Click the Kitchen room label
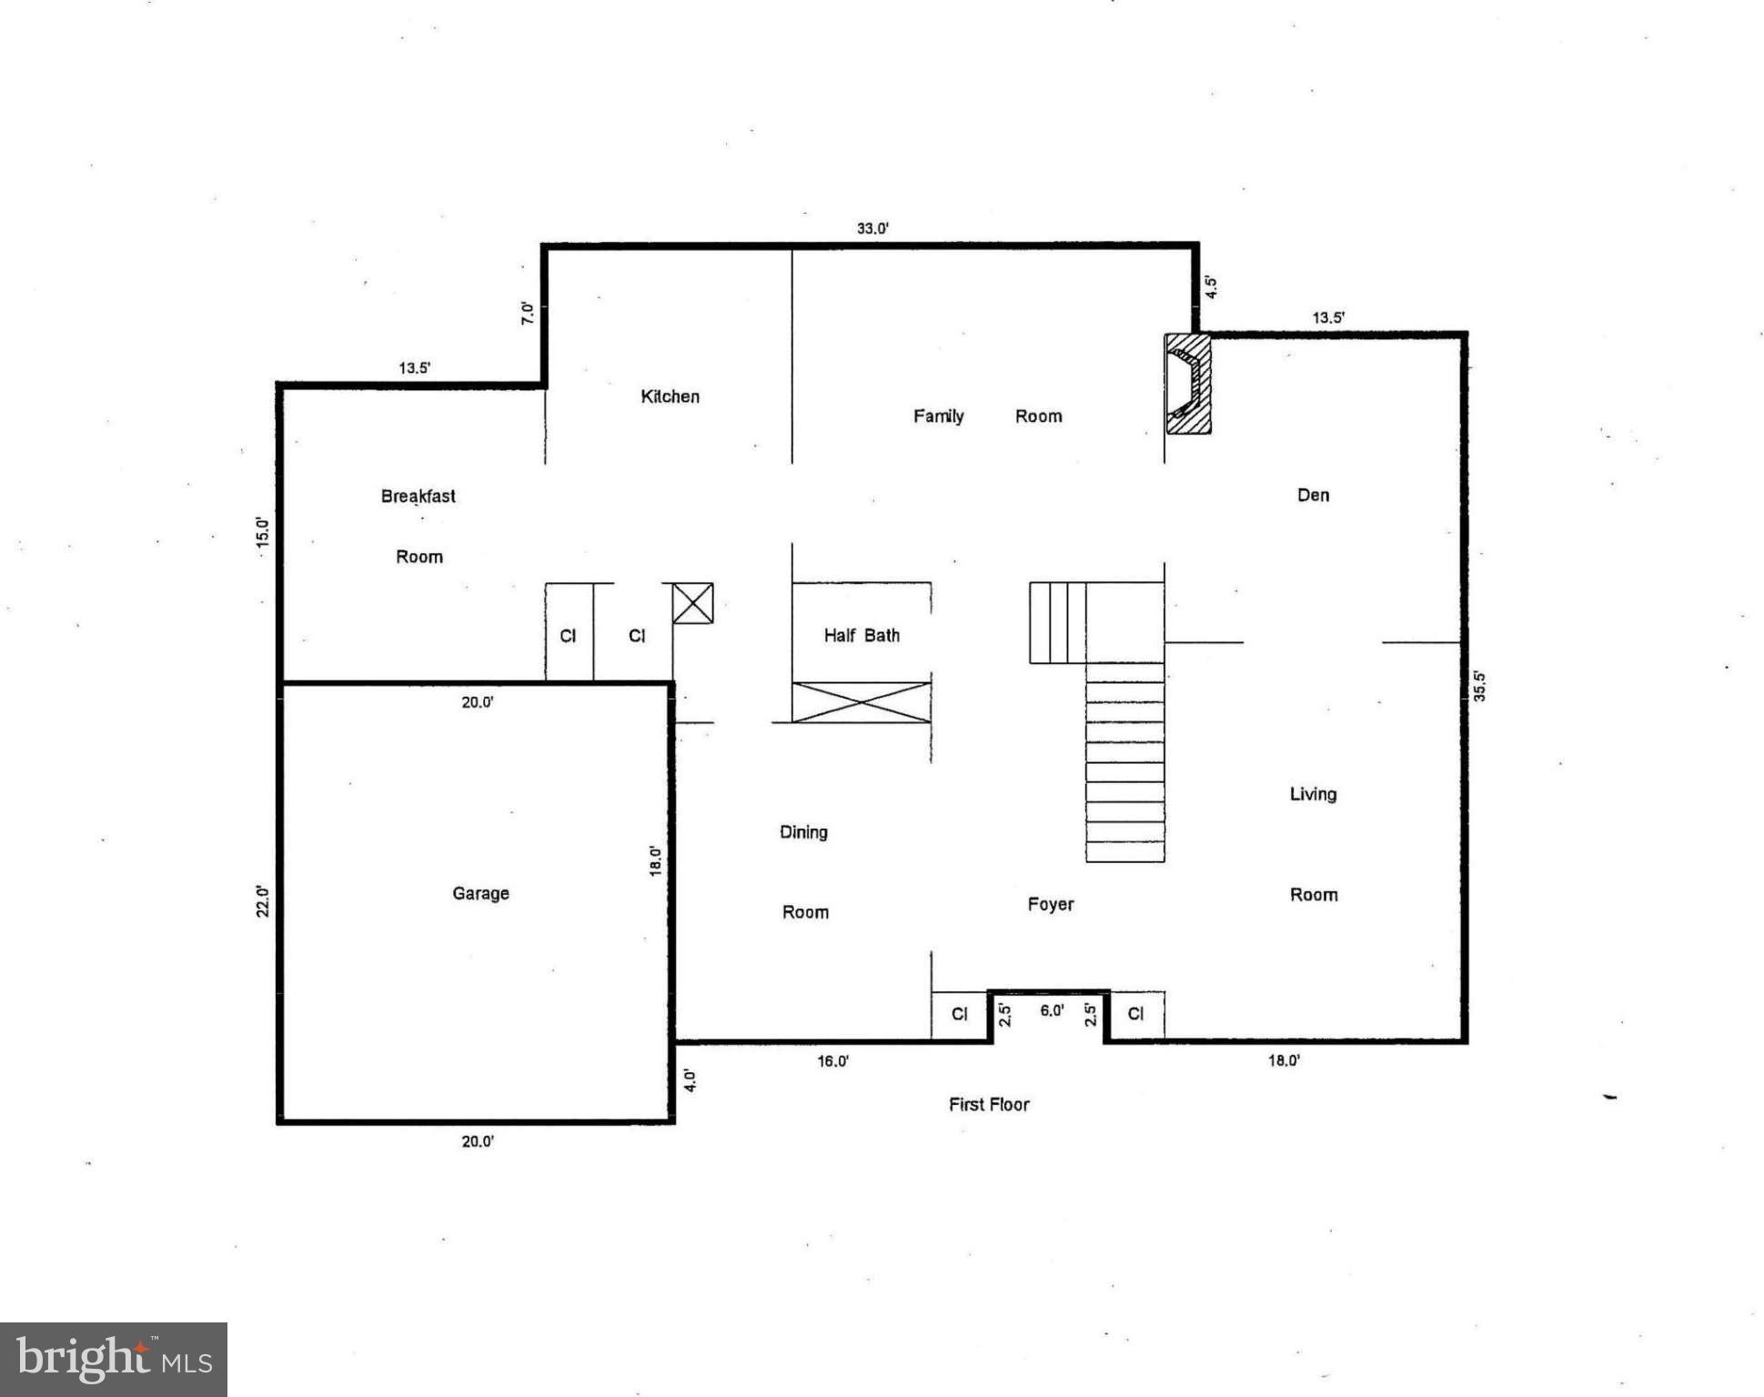(670, 397)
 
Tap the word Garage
(480, 893)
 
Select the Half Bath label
(862, 636)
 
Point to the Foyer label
(1050, 904)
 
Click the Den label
(1312, 495)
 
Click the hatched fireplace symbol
(1188, 384)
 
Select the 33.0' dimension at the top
(872, 228)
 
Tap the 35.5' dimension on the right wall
(1479, 686)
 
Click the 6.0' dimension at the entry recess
(1051, 1010)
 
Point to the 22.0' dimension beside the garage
(262, 900)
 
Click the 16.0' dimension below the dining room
(832, 1060)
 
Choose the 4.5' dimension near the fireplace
(1211, 287)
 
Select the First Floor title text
(988, 1104)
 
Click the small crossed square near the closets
(692, 603)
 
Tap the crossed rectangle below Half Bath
(861, 702)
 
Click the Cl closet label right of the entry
(1134, 1013)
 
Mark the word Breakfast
(418, 496)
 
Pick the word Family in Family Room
(938, 416)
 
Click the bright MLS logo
(114, 1360)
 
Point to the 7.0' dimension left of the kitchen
(528, 314)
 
